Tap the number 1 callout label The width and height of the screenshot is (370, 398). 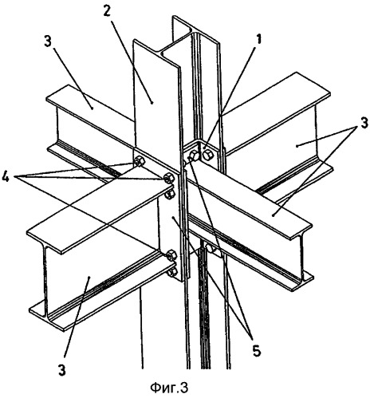coord(258,39)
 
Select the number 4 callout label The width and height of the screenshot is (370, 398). coord(6,178)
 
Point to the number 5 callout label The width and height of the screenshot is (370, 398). coord(257,351)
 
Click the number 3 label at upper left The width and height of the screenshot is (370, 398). coord(48,42)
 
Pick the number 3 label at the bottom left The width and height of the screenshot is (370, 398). coord(62,370)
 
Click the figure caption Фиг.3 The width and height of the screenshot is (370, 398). coord(169,388)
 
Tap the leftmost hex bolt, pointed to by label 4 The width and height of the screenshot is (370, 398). coord(139,161)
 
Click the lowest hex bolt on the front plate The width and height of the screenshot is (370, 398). coord(172,272)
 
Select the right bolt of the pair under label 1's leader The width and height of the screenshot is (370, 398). coord(207,155)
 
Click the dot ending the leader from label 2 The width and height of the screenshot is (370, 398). coord(152,102)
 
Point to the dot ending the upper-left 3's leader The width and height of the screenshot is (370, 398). coord(92,108)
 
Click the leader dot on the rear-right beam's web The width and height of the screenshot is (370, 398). coord(297,145)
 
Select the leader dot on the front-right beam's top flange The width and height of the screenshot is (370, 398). coord(273,215)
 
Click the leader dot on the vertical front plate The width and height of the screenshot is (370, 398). coord(173,218)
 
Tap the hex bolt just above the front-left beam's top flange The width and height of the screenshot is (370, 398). coord(168,178)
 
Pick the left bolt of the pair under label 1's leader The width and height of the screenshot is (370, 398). coord(194,156)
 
